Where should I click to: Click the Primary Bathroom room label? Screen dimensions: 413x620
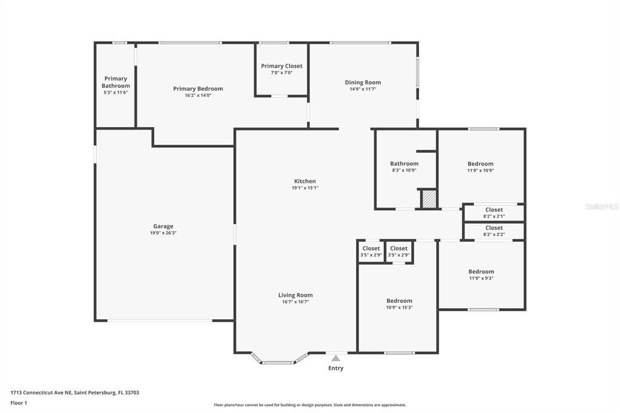click(x=116, y=82)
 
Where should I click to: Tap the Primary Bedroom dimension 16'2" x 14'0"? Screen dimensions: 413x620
click(x=198, y=95)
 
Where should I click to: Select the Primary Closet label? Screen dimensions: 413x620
click(x=282, y=66)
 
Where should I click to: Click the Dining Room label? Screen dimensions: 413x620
click(x=363, y=82)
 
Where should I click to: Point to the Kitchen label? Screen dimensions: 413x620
click(x=305, y=181)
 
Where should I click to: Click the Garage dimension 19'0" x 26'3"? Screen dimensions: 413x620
click(x=163, y=233)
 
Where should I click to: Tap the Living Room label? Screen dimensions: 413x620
click(x=295, y=295)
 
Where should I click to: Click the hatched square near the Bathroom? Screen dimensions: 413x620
click(x=429, y=199)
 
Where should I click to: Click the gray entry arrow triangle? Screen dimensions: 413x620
click(x=336, y=358)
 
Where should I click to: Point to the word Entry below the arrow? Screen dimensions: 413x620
click(x=335, y=368)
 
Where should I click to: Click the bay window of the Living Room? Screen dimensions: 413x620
click(x=278, y=362)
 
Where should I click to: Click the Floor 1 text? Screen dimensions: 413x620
click(x=19, y=403)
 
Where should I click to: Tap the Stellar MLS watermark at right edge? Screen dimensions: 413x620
click(x=602, y=206)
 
